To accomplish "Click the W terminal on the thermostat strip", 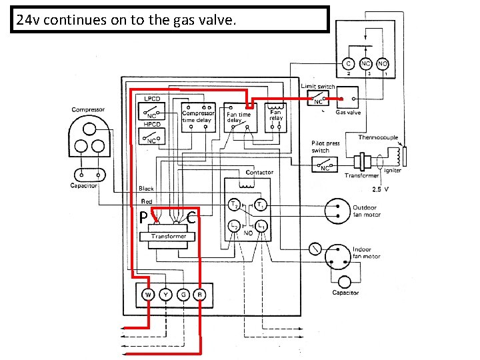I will tap(148, 295).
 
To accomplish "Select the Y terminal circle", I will tap(165, 295).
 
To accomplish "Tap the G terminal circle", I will tap(182, 295).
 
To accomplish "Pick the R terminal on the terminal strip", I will tap(199, 295).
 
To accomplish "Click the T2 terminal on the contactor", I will tap(235, 204).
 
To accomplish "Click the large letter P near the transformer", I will tap(143, 218).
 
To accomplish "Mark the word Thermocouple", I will tap(378, 137).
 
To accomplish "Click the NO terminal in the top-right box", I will tap(383, 64).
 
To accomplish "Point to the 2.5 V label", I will tap(381, 189).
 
